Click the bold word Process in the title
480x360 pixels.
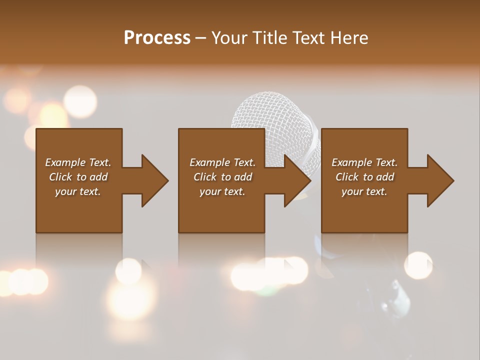click(157, 38)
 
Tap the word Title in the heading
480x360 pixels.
click(269, 38)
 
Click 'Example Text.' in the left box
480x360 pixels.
click(78, 162)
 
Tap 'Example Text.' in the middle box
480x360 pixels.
click(222, 162)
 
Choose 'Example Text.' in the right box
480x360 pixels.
click(364, 162)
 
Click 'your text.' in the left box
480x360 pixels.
click(78, 191)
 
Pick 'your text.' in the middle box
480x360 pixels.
click(222, 191)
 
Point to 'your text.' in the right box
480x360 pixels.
click(364, 191)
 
